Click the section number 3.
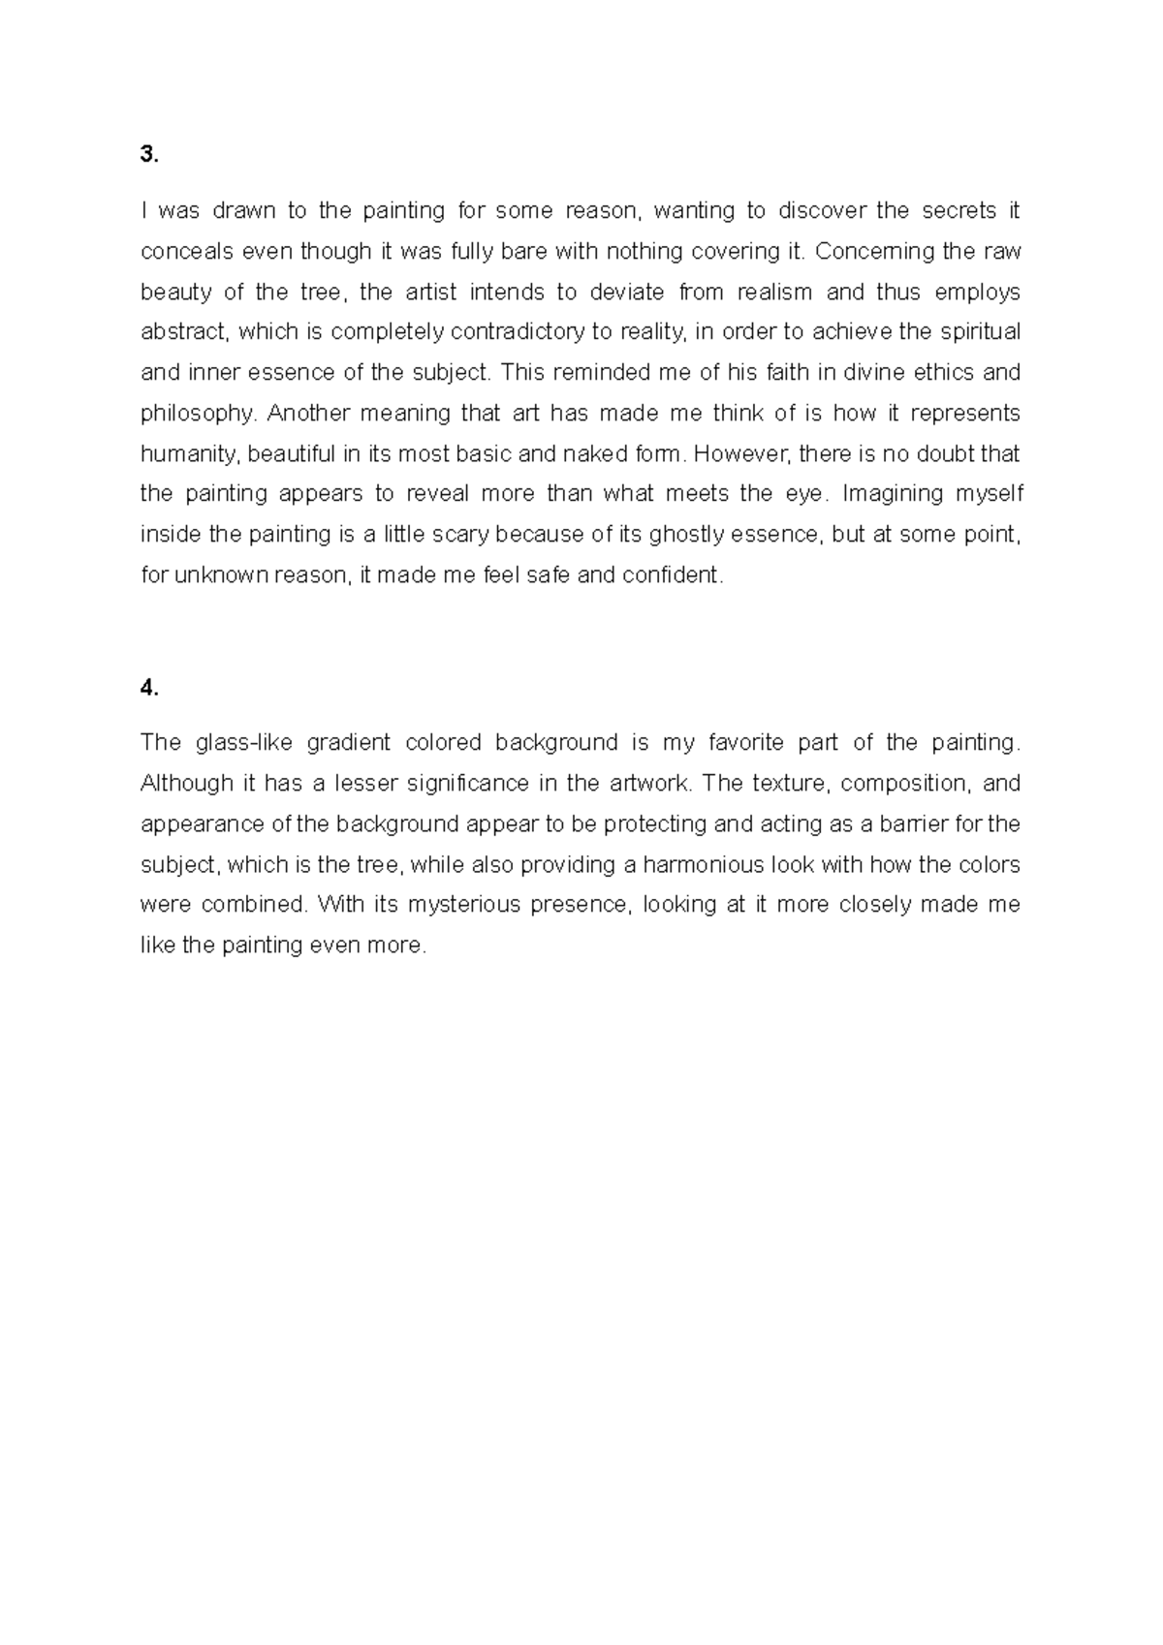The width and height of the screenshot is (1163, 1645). (x=148, y=155)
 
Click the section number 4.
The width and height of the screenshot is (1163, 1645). (x=148, y=688)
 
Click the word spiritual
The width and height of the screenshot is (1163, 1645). (x=978, y=332)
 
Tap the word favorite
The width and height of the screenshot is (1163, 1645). (x=745, y=743)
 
